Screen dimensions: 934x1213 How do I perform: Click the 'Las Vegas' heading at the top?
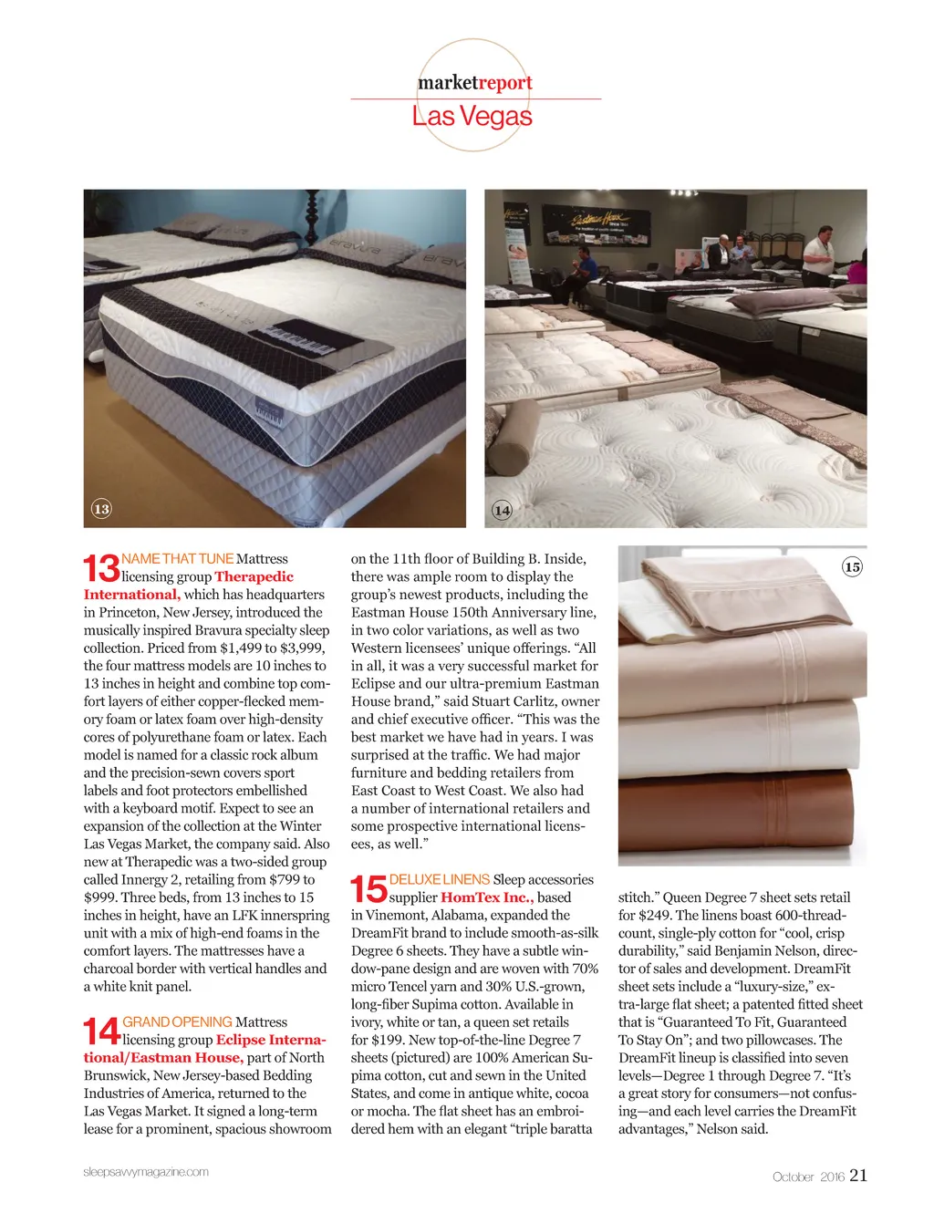click(472, 116)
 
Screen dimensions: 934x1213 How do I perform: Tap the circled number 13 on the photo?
click(101, 509)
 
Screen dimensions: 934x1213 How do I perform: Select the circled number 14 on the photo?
click(502, 510)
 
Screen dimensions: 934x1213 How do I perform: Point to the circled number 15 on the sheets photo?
click(851, 567)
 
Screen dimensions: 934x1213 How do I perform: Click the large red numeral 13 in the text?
click(101, 567)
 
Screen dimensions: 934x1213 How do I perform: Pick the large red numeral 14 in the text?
click(101, 1031)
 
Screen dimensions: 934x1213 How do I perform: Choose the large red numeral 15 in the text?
click(368, 888)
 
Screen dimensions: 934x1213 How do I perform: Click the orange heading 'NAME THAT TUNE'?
click(177, 558)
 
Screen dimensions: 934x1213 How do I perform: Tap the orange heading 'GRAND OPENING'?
click(177, 1021)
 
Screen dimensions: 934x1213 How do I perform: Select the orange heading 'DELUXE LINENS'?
click(440, 879)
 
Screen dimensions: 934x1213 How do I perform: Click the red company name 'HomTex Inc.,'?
click(487, 897)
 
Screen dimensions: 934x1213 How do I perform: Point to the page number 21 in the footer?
click(858, 1175)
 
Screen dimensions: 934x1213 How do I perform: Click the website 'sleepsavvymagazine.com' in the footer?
click(146, 1172)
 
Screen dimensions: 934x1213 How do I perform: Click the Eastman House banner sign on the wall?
click(596, 225)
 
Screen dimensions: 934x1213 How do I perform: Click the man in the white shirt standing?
click(818, 256)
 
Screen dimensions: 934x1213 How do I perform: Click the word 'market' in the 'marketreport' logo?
click(447, 83)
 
